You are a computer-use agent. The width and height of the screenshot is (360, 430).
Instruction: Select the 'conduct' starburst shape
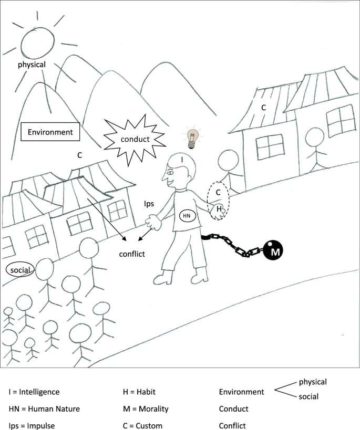pyautogui.click(x=135, y=139)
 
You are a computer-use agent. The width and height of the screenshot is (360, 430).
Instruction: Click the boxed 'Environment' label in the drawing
pyautogui.click(x=50, y=132)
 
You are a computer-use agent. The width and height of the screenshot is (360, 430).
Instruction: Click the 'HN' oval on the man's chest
pyautogui.click(x=187, y=215)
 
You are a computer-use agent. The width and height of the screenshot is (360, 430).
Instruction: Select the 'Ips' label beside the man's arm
pyautogui.click(x=149, y=201)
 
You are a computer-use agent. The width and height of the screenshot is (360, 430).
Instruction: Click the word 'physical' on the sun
pyautogui.click(x=32, y=65)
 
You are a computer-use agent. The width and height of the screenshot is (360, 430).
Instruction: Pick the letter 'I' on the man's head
pyautogui.click(x=181, y=158)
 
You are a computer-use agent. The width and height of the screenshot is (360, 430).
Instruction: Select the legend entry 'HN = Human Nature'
pyautogui.click(x=44, y=409)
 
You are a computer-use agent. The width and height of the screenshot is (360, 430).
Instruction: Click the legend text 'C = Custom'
pyautogui.click(x=142, y=426)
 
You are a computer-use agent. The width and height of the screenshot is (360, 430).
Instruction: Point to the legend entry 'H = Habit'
pyautogui.click(x=139, y=392)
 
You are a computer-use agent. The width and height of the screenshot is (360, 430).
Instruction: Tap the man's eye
pyautogui.click(x=170, y=172)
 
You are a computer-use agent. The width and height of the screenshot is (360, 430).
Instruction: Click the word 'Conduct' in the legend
pyautogui.click(x=233, y=409)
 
